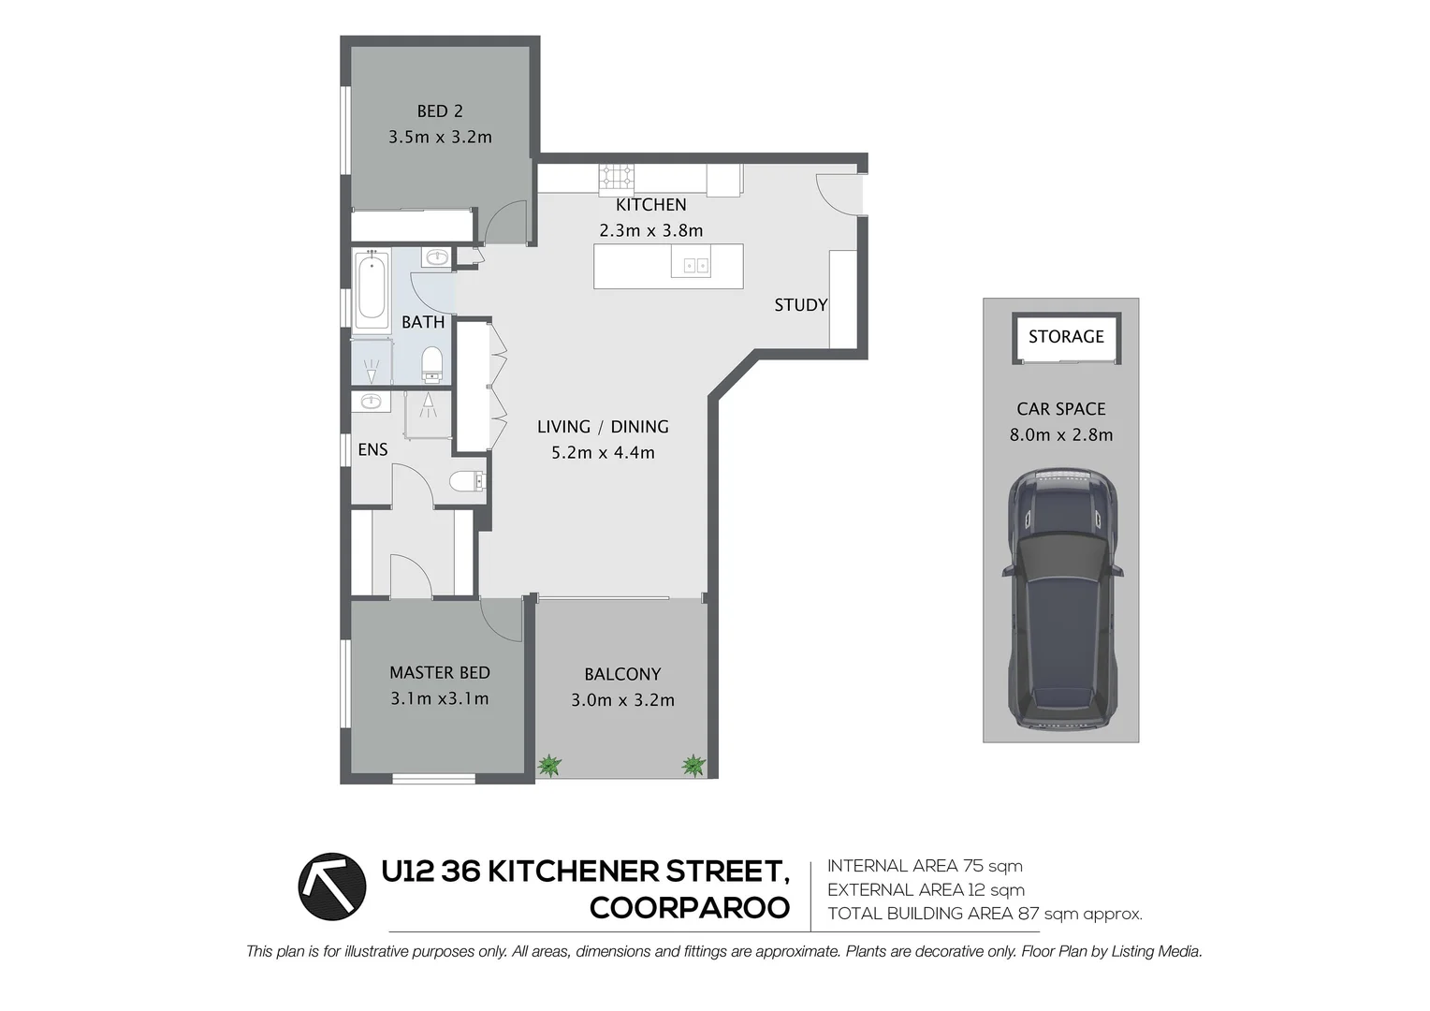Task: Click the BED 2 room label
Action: [x=440, y=111]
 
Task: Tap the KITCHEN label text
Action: [x=650, y=205]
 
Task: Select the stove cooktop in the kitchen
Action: [x=617, y=176]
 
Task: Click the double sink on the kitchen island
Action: [x=695, y=266]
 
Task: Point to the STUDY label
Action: [x=800, y=305]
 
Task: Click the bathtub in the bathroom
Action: [x=372, y=290]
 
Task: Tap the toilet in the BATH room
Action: [x=431, y=363]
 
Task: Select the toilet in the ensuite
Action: [x=467, y=482]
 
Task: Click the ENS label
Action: [x=372, y=450]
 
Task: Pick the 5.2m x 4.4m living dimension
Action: [x=603, y=453]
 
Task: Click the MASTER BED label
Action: [x=439, y=673]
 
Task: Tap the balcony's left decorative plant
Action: [x=549, y=766]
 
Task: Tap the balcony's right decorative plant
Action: [x=693, y=765]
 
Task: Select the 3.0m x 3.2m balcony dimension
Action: [x=622, y=700]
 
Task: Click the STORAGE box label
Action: [x=1066, y=337]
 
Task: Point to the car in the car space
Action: [x=1062, y=599]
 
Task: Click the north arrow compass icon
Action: [x=332, y=886]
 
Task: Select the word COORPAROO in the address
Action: [x=690, y=908]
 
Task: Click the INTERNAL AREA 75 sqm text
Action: [x=925, y=866]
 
